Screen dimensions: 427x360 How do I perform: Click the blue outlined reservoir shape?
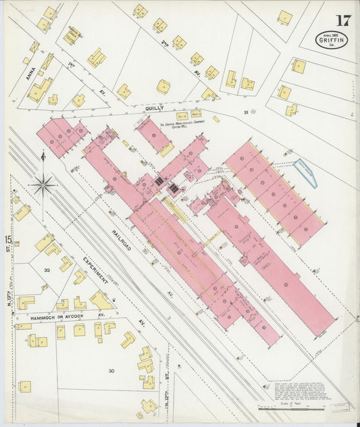coord(305,172)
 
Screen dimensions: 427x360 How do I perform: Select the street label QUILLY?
coord(155,107)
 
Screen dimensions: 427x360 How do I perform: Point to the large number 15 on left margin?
coord(8,239)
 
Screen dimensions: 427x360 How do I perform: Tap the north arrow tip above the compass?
coord(43,155)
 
